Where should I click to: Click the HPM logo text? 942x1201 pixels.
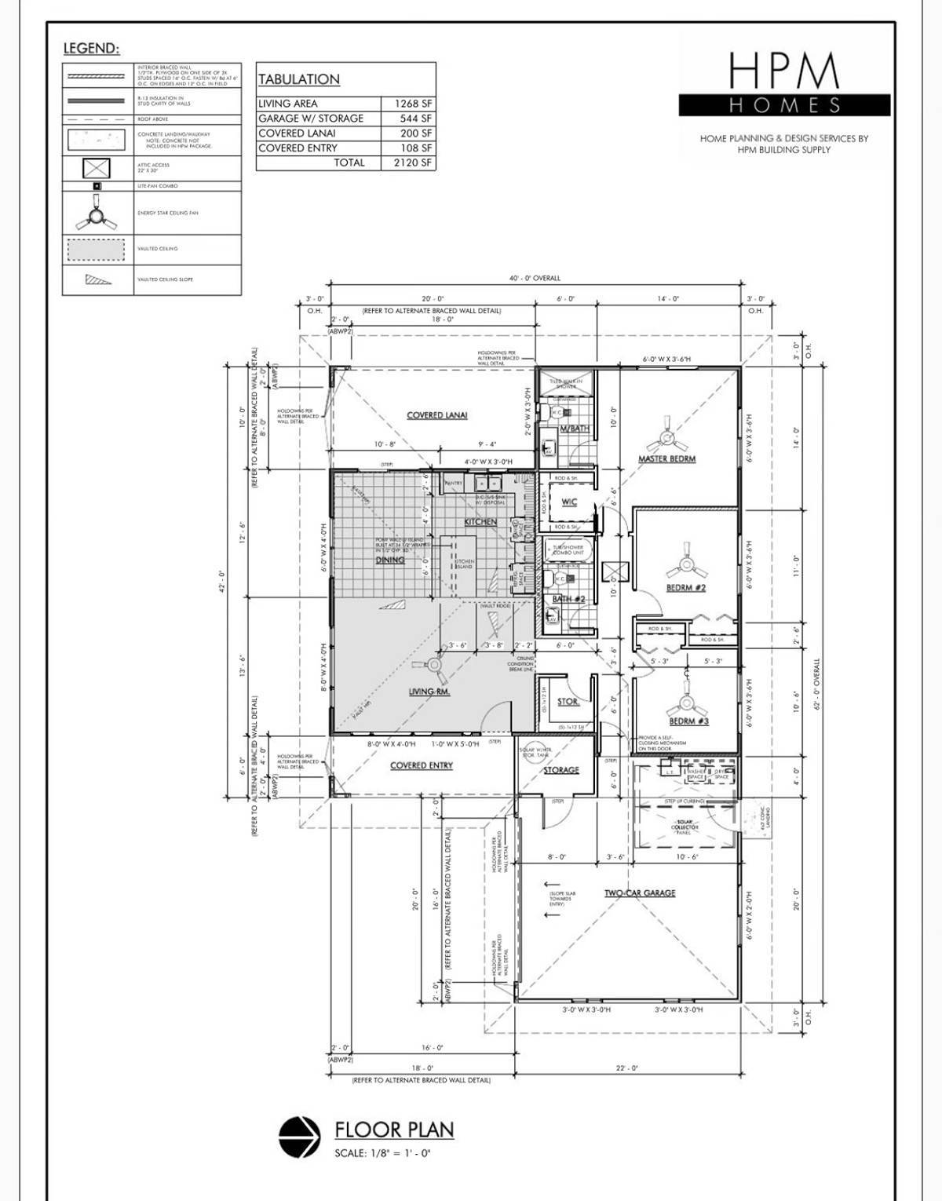784,71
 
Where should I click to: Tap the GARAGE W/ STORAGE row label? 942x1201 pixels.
311,119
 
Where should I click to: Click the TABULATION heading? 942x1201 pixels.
299,79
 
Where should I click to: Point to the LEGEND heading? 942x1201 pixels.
91,49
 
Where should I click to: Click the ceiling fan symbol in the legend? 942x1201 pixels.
97,213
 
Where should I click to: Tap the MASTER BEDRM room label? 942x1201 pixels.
666,458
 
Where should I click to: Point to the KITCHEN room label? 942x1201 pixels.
480,522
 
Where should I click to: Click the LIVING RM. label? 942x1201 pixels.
429,692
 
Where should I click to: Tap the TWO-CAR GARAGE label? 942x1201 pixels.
640,893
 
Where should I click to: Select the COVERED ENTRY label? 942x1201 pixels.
422,765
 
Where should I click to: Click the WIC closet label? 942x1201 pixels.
569,502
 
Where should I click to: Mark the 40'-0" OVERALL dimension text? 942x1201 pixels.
535,278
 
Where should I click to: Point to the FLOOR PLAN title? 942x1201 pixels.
394,1130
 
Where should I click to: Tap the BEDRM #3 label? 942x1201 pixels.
688,721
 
